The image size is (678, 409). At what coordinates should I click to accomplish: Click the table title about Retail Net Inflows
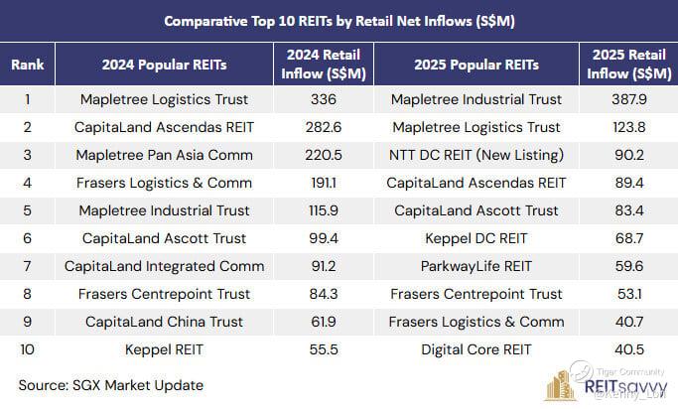point(339,20)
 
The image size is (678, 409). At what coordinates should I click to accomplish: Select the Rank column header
point(27,65)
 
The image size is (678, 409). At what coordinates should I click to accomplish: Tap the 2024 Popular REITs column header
point(164,65)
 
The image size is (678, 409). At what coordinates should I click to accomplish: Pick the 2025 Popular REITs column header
point(475,65)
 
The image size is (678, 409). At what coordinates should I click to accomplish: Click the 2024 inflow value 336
point(323,99)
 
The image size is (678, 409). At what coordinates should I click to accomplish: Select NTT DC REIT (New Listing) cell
point(475,155)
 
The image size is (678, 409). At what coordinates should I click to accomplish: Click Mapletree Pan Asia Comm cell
point(164,155)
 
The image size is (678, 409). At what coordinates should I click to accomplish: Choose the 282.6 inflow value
point(323,127)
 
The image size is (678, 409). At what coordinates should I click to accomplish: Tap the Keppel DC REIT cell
point(475,238)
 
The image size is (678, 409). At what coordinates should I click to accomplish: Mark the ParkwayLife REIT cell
point(475,266)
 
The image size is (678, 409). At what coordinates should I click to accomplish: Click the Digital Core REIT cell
point(475,349)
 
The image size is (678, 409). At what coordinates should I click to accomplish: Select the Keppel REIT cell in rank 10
point(164,349)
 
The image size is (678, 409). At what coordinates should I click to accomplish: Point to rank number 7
point(27,266)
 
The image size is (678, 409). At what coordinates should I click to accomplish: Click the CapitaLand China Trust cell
point(164,322)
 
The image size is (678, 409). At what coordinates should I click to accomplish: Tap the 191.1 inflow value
point(323,183)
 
